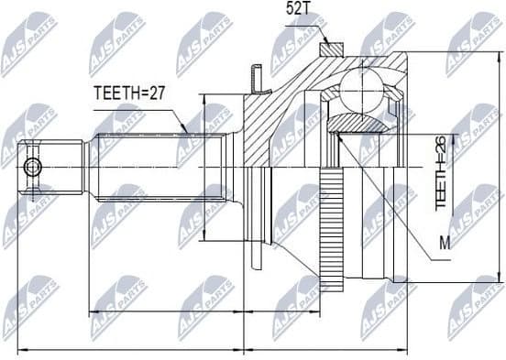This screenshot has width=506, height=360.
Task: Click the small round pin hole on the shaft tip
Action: tap(34, 167)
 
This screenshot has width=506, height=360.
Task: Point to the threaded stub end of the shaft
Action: tap(55, 167)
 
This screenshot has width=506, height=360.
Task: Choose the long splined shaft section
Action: tap(156, 167)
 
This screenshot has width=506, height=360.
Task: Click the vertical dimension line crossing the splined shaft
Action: tap(203, 167)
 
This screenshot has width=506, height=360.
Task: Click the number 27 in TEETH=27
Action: tap(158, 93)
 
